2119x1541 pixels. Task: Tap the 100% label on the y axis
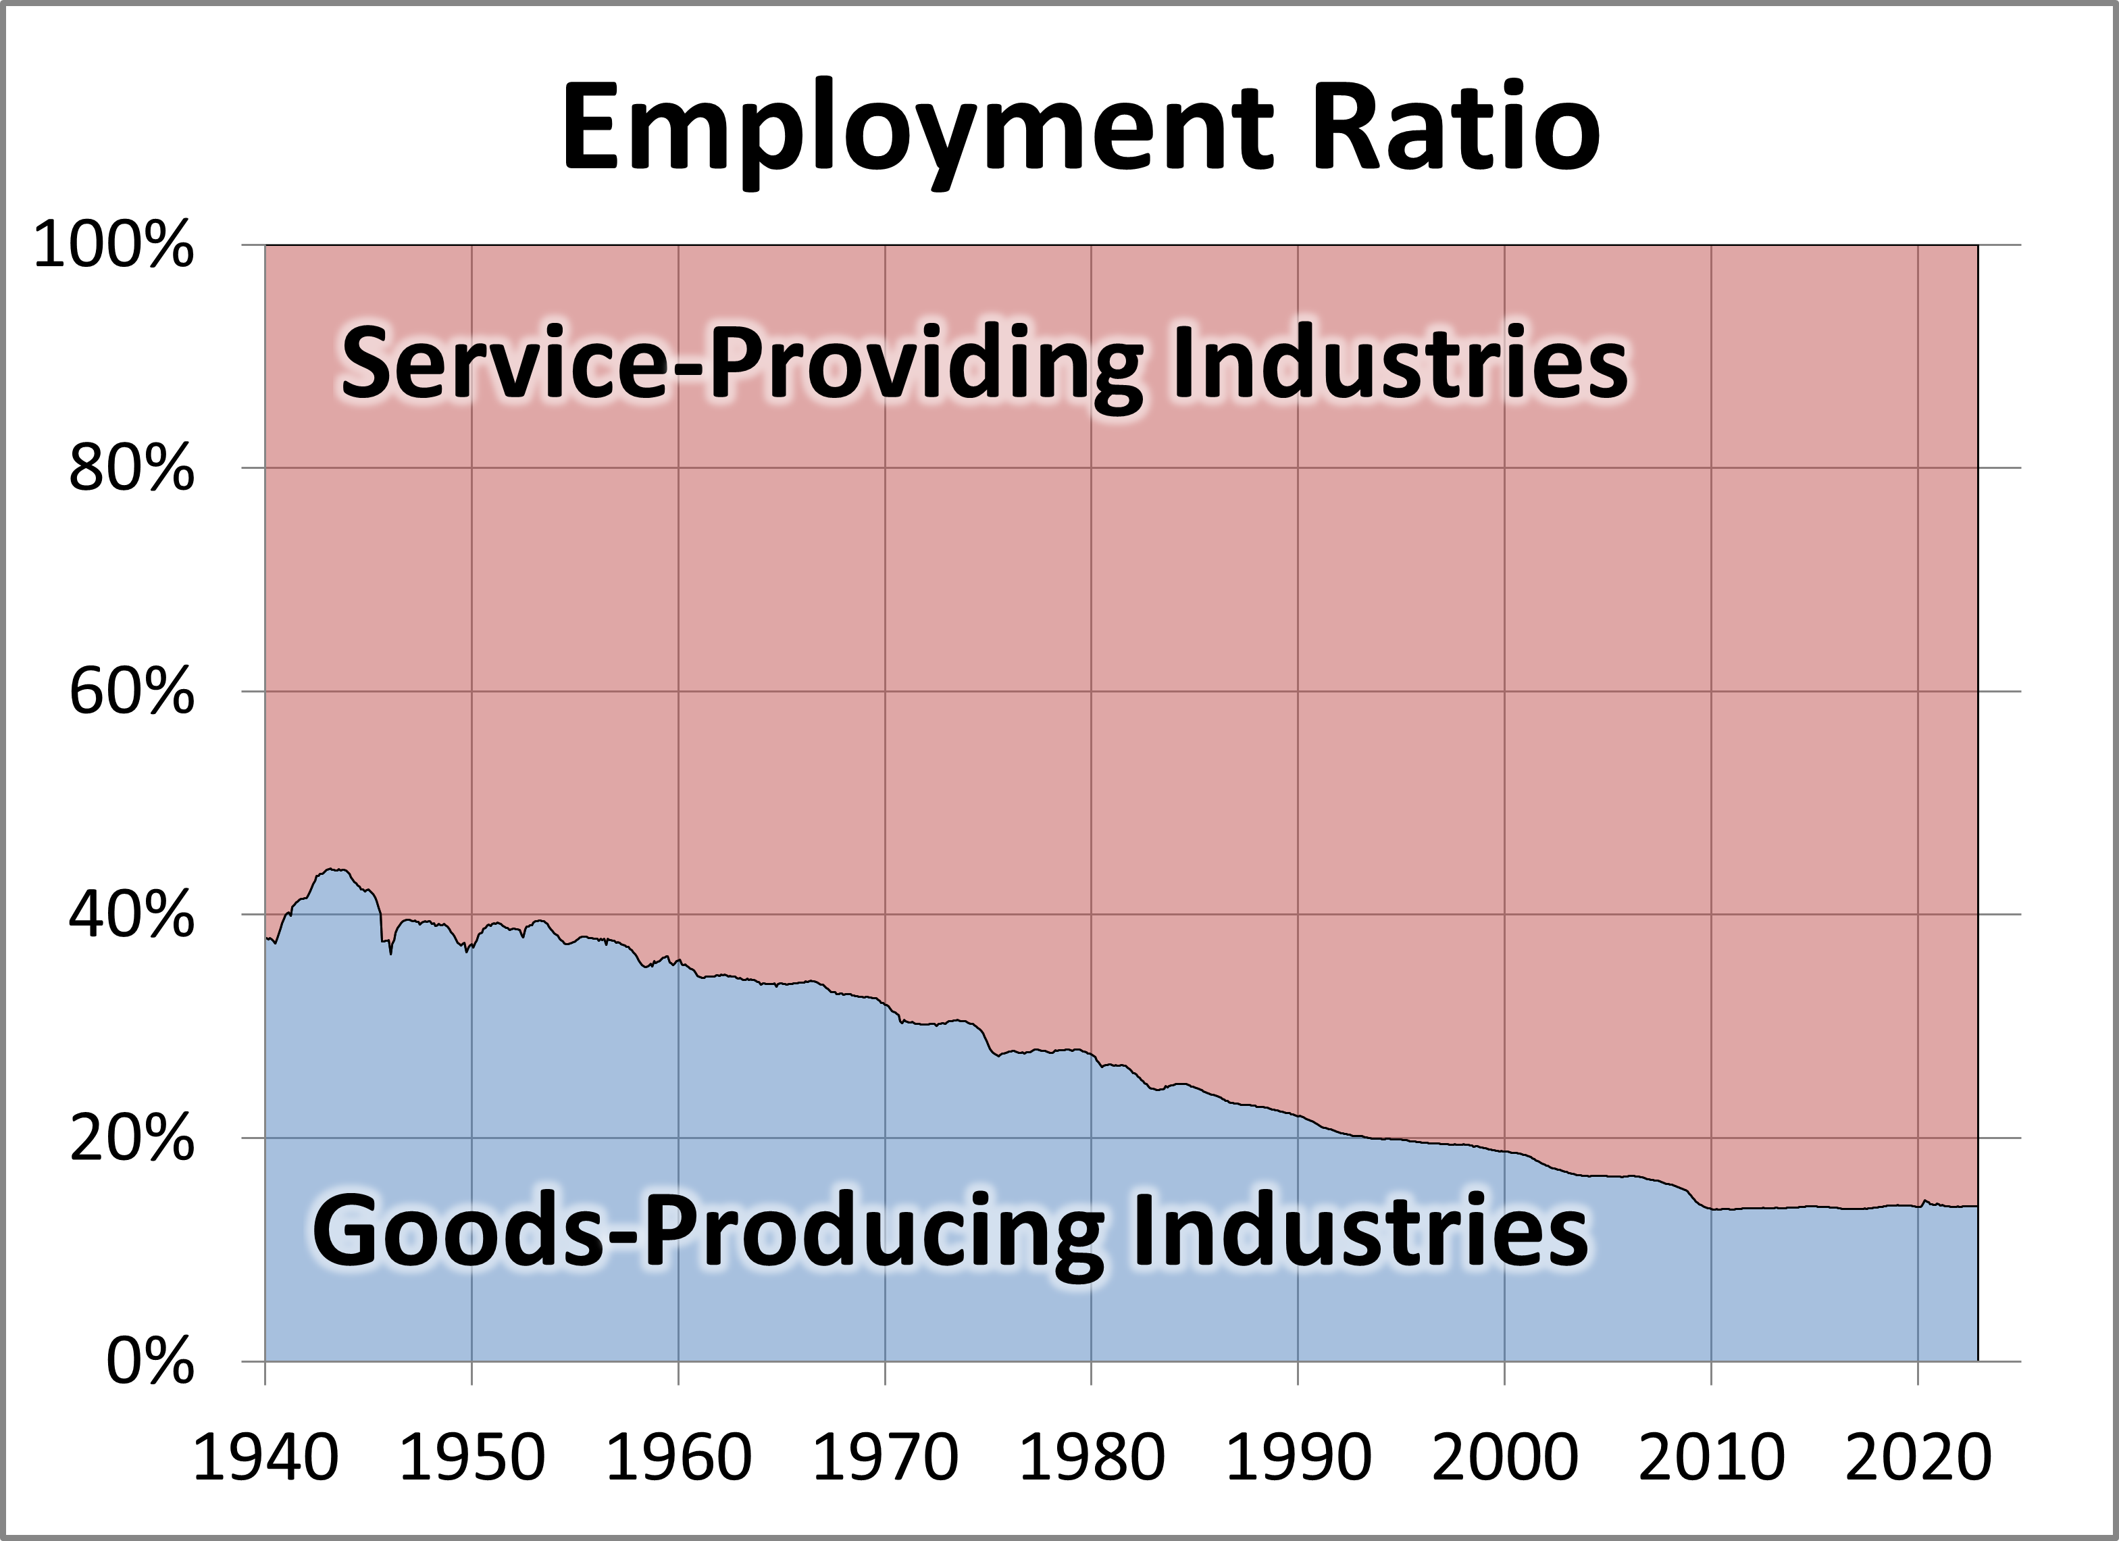coord(114,248)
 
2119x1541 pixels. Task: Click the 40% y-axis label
coord(132,917)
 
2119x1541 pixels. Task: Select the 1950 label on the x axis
coord(471,1458)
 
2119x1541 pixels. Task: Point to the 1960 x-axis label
coord(678,1458)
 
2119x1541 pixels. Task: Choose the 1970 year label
coord(885,1458)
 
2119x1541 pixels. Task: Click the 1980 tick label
coord(1092,1458)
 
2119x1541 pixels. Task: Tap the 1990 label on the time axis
coord(1298,1458)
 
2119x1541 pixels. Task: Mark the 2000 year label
coord(1504,1458)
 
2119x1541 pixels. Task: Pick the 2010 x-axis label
coord(1711,1458)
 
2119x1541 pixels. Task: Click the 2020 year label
coord(1917,1458)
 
